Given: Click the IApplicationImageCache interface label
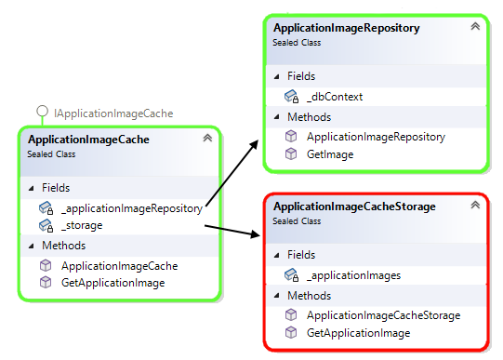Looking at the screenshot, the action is tap(113, 113).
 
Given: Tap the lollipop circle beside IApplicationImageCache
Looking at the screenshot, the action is tap(42, 112).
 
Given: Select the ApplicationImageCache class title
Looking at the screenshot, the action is tap(88, 140).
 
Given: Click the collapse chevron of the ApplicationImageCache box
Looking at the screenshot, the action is tap(207, 138).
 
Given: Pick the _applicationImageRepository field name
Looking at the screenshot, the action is tap(132, 208).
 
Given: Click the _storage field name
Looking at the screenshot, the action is tap(82, 225).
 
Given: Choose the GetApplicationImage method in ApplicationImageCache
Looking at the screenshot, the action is tap(113, 283).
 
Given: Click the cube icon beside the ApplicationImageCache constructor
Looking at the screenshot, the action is tap(46, 265).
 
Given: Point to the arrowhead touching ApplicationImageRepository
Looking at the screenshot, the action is tap(254, 144).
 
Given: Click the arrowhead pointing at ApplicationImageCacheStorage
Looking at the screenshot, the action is tap(256, 233).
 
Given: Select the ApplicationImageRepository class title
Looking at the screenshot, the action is tap(347, 28).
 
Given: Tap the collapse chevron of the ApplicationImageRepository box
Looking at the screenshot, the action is tap(475, 26).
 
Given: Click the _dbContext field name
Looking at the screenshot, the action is tap(335, 97).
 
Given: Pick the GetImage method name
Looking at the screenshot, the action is tap(330, 154).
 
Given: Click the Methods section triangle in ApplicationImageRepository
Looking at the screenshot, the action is tap(276, 117).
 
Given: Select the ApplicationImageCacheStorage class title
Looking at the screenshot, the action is tap(354, 207).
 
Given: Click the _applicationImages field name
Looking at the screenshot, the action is tap(353, 275).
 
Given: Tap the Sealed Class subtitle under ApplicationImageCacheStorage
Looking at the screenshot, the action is tap(297, 221).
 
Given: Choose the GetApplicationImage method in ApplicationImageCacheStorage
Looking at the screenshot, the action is tap(358, 333).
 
